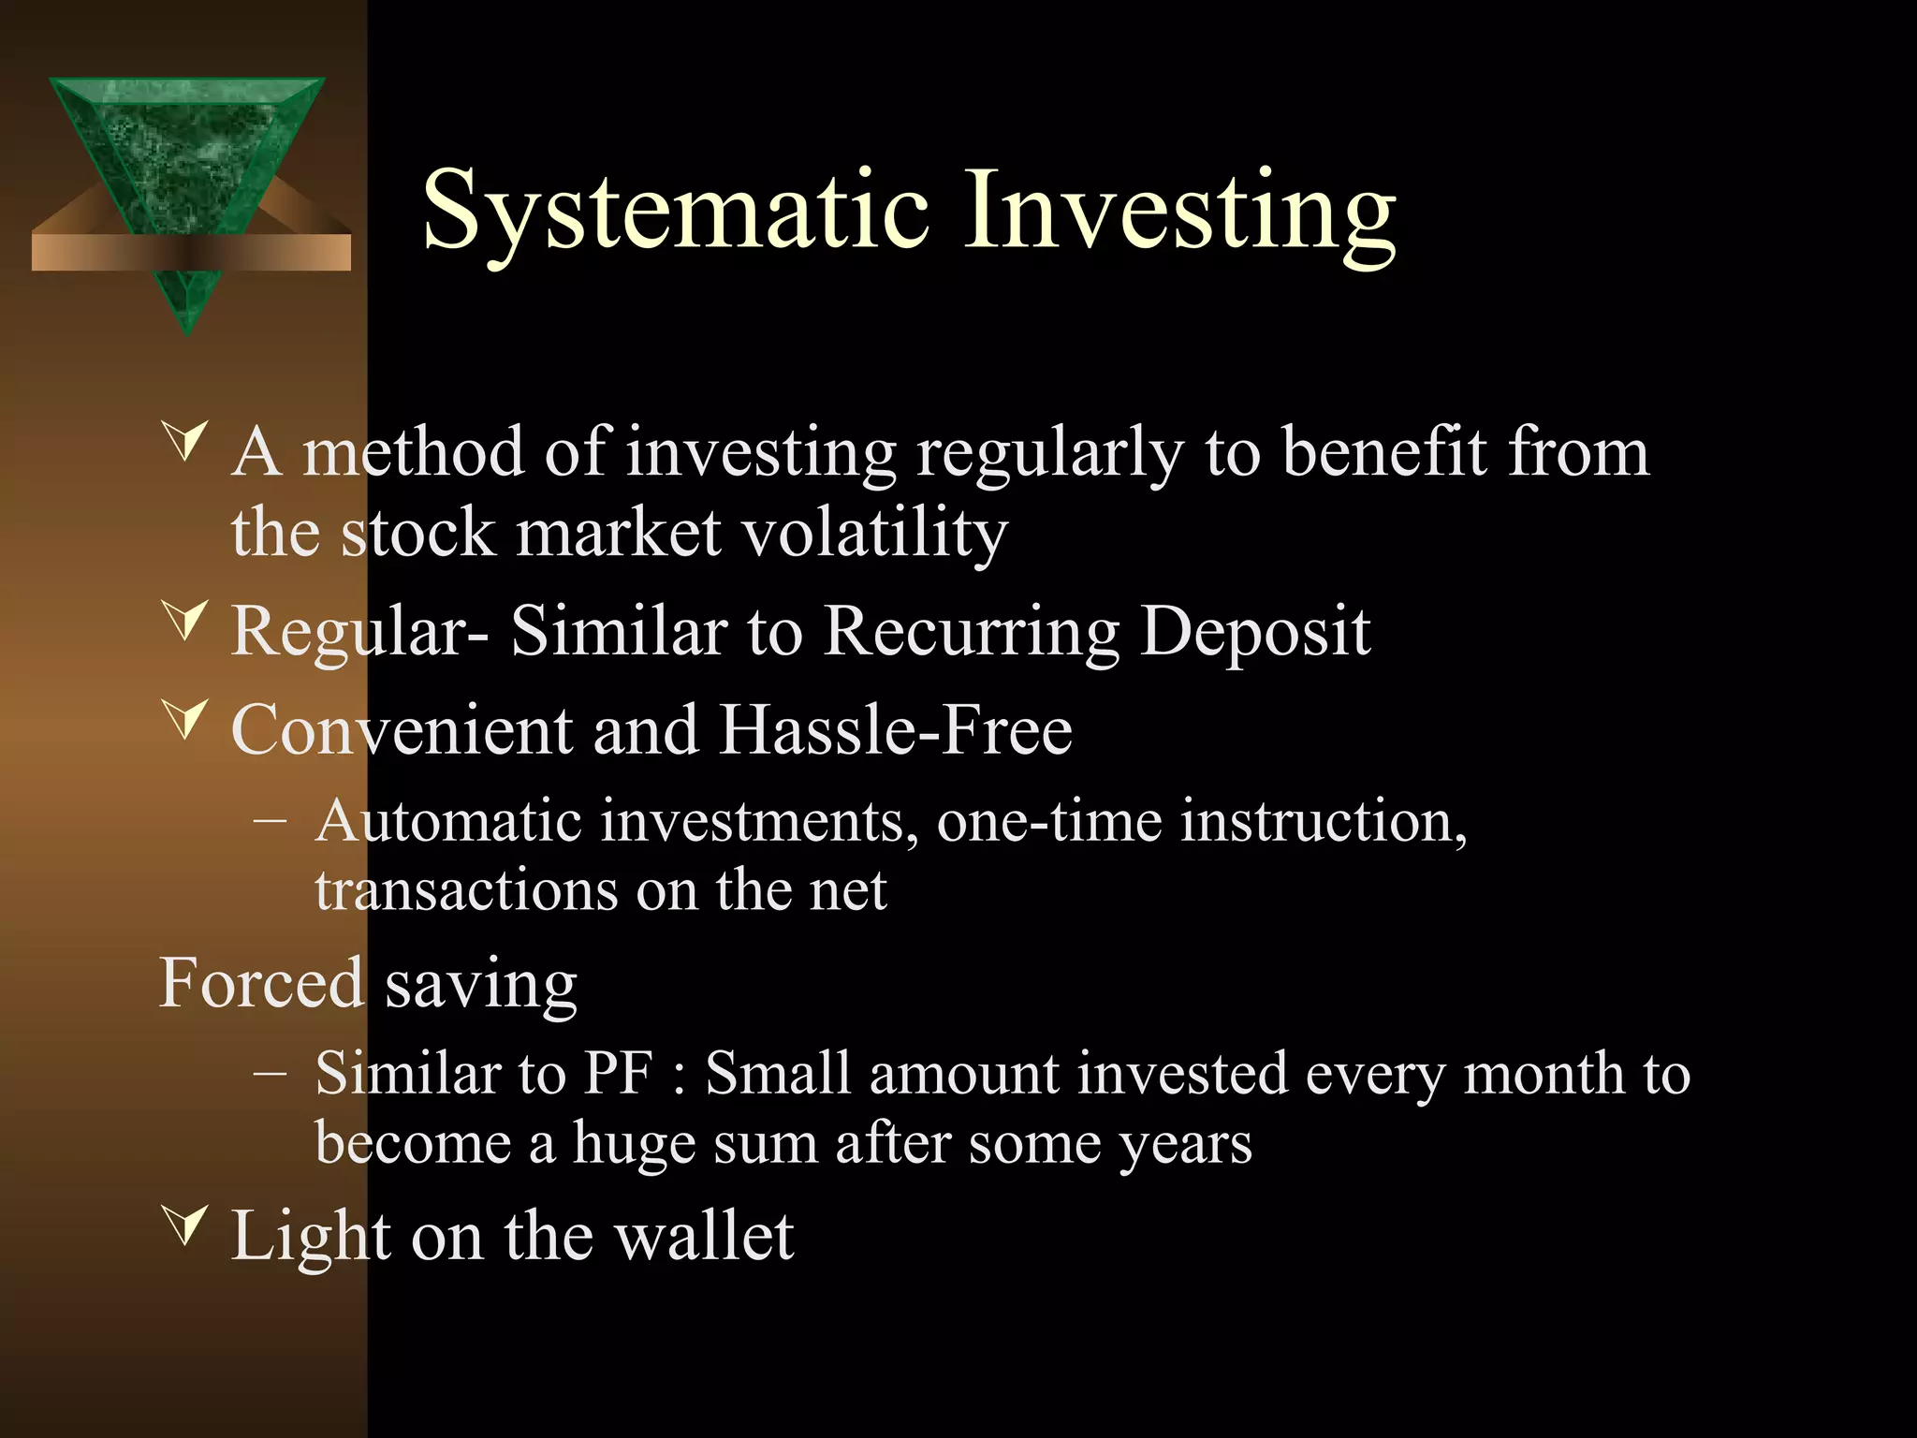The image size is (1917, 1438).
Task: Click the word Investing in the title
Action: click(x=1179, y=212)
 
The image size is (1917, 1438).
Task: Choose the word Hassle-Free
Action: click(x=895, y=730)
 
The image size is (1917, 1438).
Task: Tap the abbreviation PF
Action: click(x=618, y=1074)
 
